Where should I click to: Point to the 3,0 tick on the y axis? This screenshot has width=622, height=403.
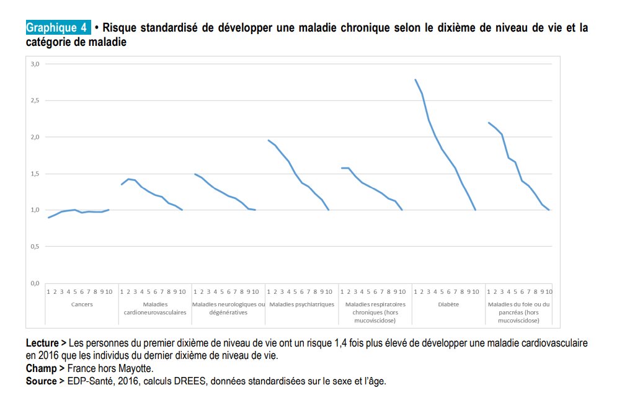tap(35, 64)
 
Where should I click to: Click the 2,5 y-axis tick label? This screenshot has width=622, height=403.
tap(35, 100)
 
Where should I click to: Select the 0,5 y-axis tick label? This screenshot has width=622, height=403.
tap(35, 246)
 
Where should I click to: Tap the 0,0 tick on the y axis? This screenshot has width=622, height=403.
tap(35, 283)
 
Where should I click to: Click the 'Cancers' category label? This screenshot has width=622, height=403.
tap(82, 304)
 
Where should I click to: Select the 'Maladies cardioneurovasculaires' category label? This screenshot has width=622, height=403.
tap(155, 308)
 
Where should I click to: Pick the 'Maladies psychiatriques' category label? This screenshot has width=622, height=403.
tap(302, 304)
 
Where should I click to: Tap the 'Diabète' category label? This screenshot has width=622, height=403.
tap(448, 304)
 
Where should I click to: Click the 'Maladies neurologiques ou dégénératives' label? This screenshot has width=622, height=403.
tap(228, 308)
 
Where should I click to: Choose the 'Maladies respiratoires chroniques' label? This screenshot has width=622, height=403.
tap(375, 308)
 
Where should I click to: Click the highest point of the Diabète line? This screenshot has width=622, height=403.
tap(415, 79)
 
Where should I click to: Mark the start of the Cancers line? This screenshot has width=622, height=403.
tap(48, 218)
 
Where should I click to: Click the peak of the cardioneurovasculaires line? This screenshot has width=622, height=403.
tap(128, 179)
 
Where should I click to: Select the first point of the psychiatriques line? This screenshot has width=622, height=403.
tap(269, 140)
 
